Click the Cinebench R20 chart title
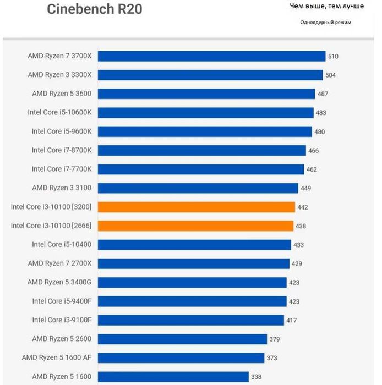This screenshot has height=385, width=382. point(94,9)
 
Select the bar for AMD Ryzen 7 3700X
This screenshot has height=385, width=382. point(212,56)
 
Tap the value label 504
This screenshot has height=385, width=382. point(330,75)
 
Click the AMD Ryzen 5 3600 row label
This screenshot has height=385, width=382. point(62,94)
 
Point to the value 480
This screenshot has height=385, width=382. point(319,131)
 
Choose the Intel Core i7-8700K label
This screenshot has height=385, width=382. point(62,150)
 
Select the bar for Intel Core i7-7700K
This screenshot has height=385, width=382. point(201,169)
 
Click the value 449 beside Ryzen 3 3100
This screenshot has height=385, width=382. point(305,188)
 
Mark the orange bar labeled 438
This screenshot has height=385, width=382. point(196,226)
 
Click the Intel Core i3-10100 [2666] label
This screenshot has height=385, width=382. point(51,226)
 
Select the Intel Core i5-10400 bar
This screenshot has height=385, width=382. point(195,244)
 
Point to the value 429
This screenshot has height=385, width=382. point(297,263)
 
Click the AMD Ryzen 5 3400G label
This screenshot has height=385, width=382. point(59,282)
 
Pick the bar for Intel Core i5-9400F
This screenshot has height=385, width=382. point(193,301)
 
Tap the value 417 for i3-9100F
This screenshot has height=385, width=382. point(292,320)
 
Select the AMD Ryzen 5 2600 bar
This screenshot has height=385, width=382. point(183,339)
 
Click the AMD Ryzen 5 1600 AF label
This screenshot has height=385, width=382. point(57,358)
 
